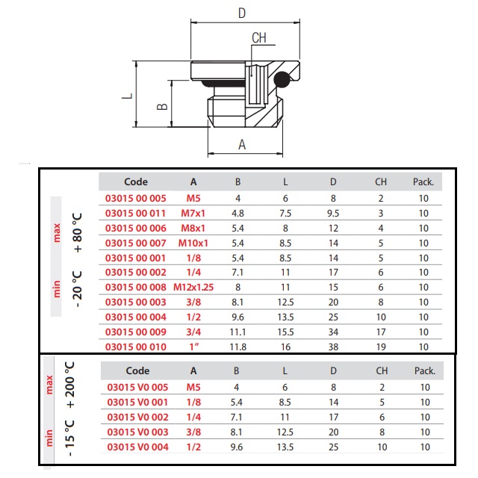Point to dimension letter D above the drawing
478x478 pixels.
coord(242,13)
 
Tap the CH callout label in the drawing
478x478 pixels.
coord(259,38)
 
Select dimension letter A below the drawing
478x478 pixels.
coord(242,144)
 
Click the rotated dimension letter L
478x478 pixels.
coord(128,96)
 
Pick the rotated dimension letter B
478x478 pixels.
coord(162,106)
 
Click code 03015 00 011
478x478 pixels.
coord(135,213)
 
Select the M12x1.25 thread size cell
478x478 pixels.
coord(193,287)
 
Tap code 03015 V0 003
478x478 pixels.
coord(137,432)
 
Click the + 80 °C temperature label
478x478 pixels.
coord(78,233)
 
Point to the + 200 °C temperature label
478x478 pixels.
coord(69,385)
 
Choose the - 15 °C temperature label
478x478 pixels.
coord(69,438)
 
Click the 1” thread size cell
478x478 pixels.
coord(194,347)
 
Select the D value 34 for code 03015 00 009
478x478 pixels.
coord(333,332)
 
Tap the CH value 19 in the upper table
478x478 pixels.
coord(381,347)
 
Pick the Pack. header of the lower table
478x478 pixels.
coord(425,370)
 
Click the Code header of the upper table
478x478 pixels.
coord(136,181)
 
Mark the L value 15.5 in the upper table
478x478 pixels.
coord(285,332)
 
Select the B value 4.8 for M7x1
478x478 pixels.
coord(238,213)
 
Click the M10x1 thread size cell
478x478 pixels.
coord(193,243)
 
